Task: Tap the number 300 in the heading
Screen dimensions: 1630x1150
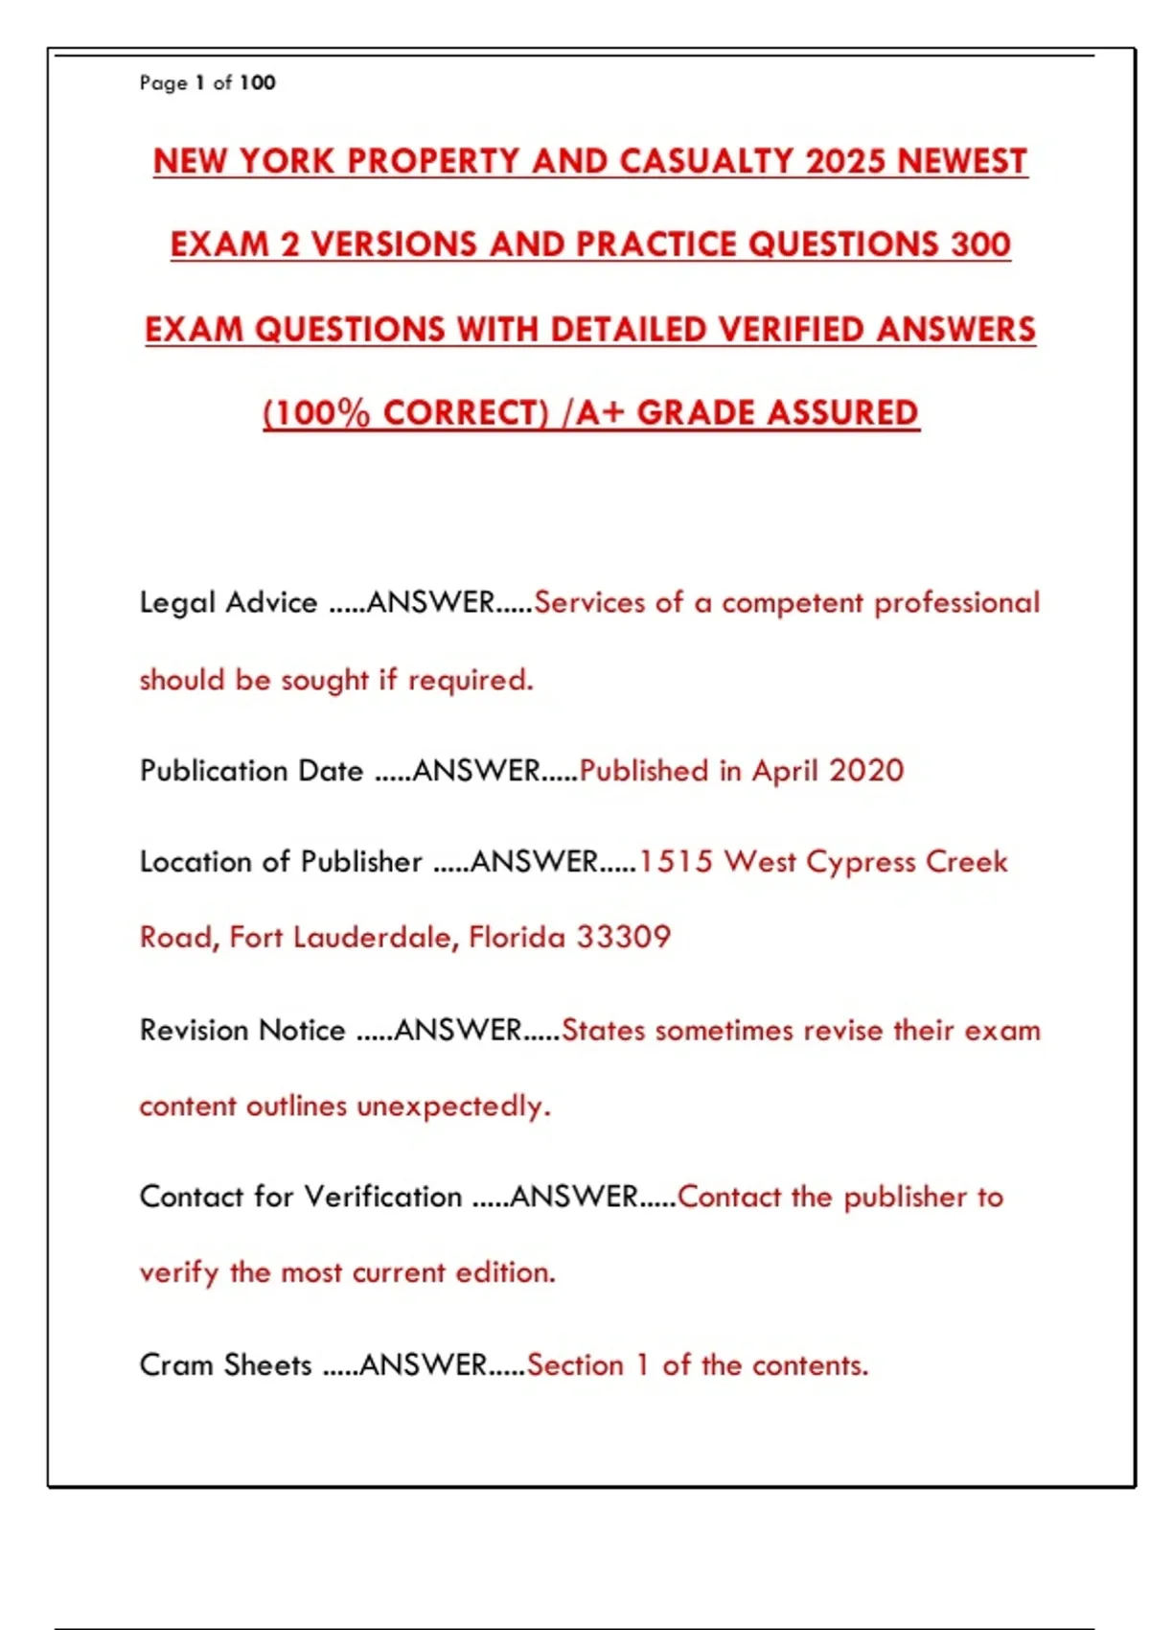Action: [980, 244]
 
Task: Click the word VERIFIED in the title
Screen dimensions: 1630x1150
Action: [791, 329]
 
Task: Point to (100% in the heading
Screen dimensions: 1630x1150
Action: [316, 413]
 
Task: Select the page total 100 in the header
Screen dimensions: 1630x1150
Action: [257, 82]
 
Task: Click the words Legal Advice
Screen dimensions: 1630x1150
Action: [228, 602]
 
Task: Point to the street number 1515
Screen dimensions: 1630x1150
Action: [676, 861]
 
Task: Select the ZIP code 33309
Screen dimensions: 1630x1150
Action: [623, 937]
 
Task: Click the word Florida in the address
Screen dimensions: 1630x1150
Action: [517, 937]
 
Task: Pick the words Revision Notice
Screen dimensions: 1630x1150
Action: [242, 1030]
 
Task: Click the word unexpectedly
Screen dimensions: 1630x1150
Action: [453, 1106]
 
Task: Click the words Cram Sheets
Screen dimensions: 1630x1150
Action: [225, 1364]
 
